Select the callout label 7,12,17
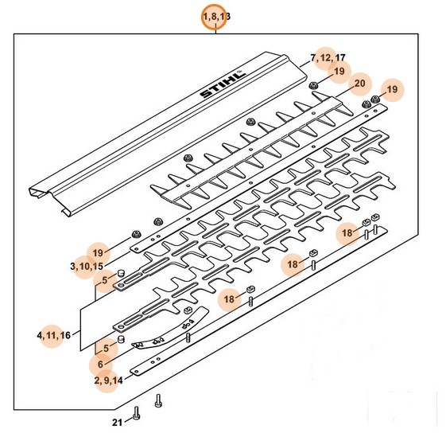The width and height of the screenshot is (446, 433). pyautogui.click(x=328, y=58)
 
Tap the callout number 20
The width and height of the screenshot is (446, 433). pyautogui.click(x=359, y=84)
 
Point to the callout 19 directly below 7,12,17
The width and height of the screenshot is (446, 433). pyautogui.click(x=339, y=72)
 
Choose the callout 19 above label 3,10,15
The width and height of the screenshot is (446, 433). pyautogui.click(x=98, y=252)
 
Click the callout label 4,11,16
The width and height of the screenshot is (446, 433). pyautogui.click(x=53, y=334)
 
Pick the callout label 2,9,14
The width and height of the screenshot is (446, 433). pyautogui.click(x=108, y=380)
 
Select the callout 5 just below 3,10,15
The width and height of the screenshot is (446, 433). pyautogui.click(x=103, y=280)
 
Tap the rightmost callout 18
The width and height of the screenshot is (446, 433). pyautogui.click(x=347, y=233)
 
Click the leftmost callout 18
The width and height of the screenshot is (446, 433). pyautogui.click(x=231, y=299)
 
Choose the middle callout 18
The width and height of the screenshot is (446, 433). pyautogui.click(x=293, y=264)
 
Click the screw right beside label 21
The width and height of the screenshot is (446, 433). pyautogui.click(x=137, y=413)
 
